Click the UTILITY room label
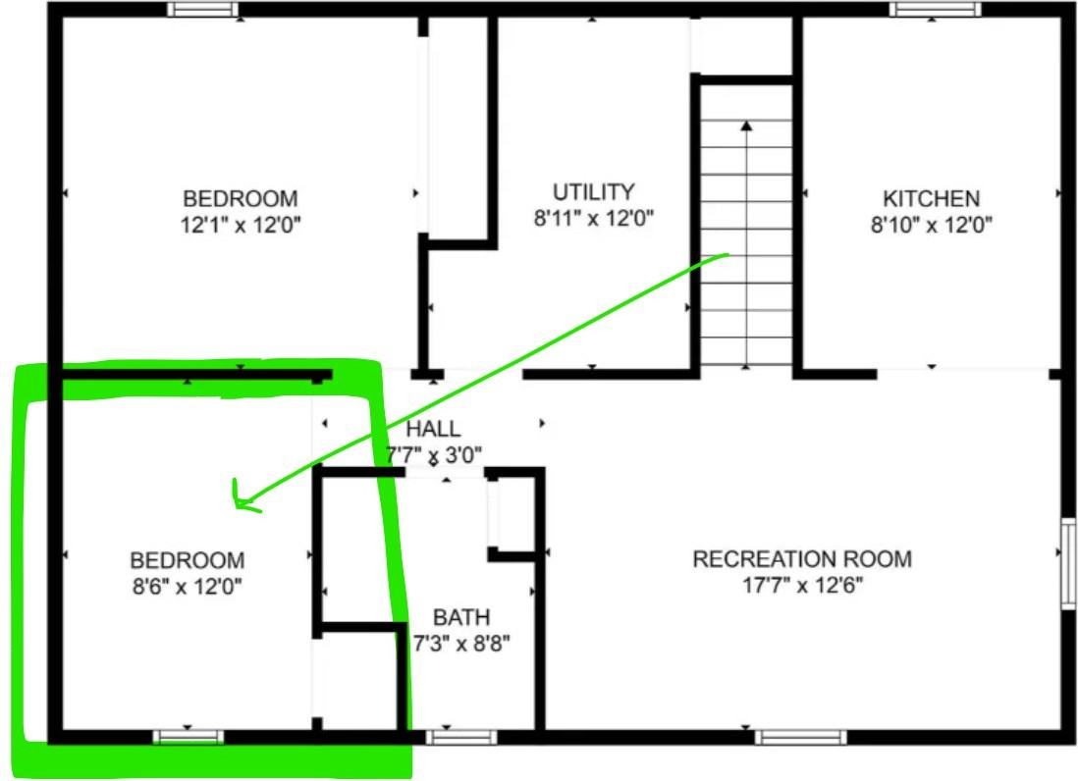tap(594, 191)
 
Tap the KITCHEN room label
tap(931, 198)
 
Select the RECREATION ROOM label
tap(802, 559)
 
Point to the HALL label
tap(433, 429)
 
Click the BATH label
tap(461, 617)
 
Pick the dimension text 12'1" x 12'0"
tap(241, 225)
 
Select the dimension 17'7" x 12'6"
tap(802, 585)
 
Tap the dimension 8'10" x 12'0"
tap(932, 225)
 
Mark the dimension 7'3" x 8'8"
tap(461, 644)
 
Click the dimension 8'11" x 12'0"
tap(594, 218)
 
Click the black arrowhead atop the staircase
tap(746, 126)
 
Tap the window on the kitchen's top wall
tap(935, 10)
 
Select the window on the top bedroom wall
tap(203, 10)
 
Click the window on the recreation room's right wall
tap(1068, 564)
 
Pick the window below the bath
tap(461, 738)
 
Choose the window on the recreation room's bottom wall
tap(801, 738)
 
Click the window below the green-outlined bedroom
tap(189, 738)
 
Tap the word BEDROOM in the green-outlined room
tap(188, 560)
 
